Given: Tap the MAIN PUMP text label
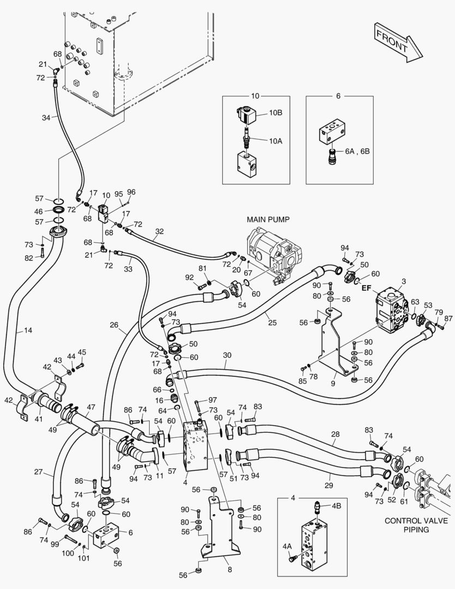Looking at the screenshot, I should click(x=268, y=219).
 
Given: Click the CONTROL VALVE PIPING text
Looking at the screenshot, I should click(x=416, y=525).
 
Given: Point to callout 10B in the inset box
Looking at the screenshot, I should click(x=276, y=113).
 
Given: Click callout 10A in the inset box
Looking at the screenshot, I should click(x=276, y=140).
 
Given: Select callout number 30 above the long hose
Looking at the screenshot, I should click(x=227, y=355).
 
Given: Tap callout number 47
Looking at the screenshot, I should click(x=90, y=407).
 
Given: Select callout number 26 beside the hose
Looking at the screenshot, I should click(x=114, y=326).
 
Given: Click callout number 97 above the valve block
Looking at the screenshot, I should click(x=212, y=401).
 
